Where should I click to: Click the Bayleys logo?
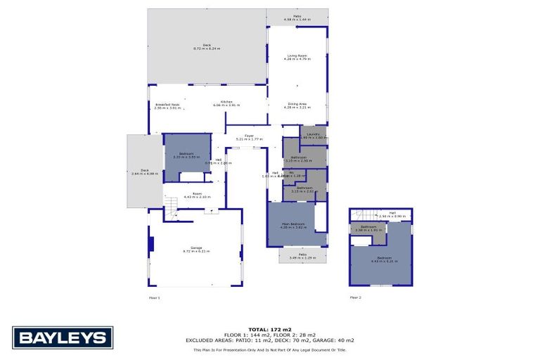(63, 338)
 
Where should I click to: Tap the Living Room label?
(297, 57)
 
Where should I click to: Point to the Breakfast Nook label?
(167, 106)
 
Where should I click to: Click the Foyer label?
(249, 137)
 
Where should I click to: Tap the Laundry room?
(314, 135)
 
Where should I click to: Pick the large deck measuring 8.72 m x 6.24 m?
(207, 46)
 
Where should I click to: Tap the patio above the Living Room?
(297, 17)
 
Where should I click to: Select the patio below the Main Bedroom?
(303, 256)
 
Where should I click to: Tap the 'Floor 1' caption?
(155, 298)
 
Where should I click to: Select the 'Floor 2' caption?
(355, 298)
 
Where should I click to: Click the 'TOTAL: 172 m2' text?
(269, 329)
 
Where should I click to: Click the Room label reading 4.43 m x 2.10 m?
(193, 196)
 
